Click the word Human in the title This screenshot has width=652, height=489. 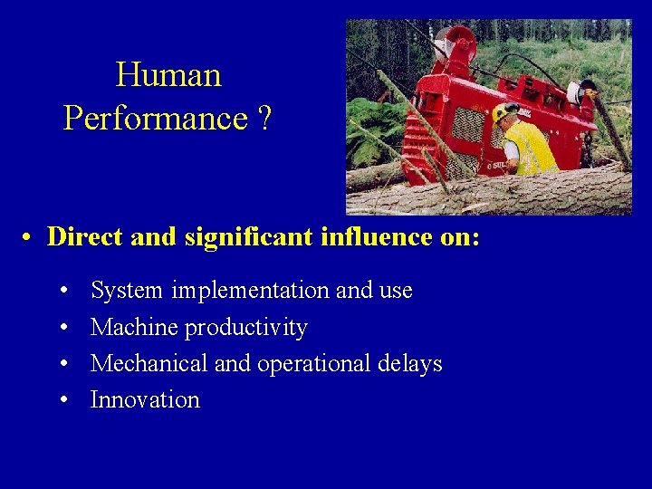pos(168,74)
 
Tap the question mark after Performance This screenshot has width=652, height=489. pos(263,118)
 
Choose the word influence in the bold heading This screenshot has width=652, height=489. pos(360,237)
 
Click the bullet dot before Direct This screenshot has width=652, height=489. pos(29,238)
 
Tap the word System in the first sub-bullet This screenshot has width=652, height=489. pos(127,291)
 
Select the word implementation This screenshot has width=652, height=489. pos(250,291)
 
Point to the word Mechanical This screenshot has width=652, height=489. pos(149,363)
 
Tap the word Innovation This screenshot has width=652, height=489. pos(145,399)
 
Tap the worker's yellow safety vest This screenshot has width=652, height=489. pos(531,148)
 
